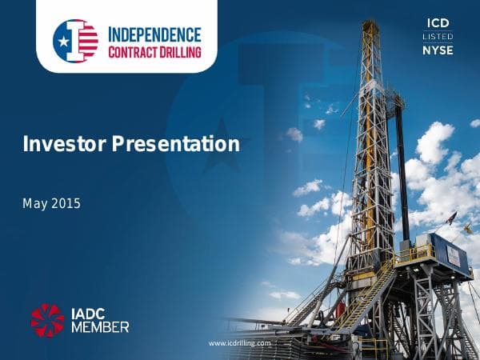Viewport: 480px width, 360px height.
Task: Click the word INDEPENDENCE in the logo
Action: tap(154, 34)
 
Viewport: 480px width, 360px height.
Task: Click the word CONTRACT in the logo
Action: tap(133, 52)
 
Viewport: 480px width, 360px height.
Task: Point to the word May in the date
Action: tap(34, 203)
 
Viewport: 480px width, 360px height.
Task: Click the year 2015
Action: tap(66, 203)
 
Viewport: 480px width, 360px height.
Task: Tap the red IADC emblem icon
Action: tap(47, 318)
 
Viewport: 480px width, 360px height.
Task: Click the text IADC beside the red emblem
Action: tap(92, 311)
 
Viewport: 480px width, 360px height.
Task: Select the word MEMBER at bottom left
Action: tap(99, 326)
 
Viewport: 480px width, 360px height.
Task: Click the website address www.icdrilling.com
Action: tap(240, 342)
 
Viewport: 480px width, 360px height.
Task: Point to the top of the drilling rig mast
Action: tap(370, 26)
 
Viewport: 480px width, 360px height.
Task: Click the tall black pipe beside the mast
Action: tap(402, 168)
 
